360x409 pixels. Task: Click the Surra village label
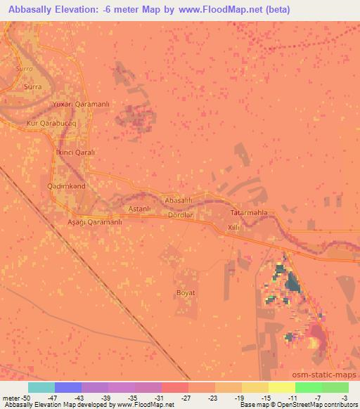click(33, 86)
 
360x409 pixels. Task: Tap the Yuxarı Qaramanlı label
click(82, 104)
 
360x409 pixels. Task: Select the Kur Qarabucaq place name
click(51, 122)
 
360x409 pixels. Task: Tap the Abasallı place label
click(178, 200)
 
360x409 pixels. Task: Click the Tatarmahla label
click(250, 212)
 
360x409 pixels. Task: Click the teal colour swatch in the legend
click(41, 387)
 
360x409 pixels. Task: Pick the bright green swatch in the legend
click(309, 387)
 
